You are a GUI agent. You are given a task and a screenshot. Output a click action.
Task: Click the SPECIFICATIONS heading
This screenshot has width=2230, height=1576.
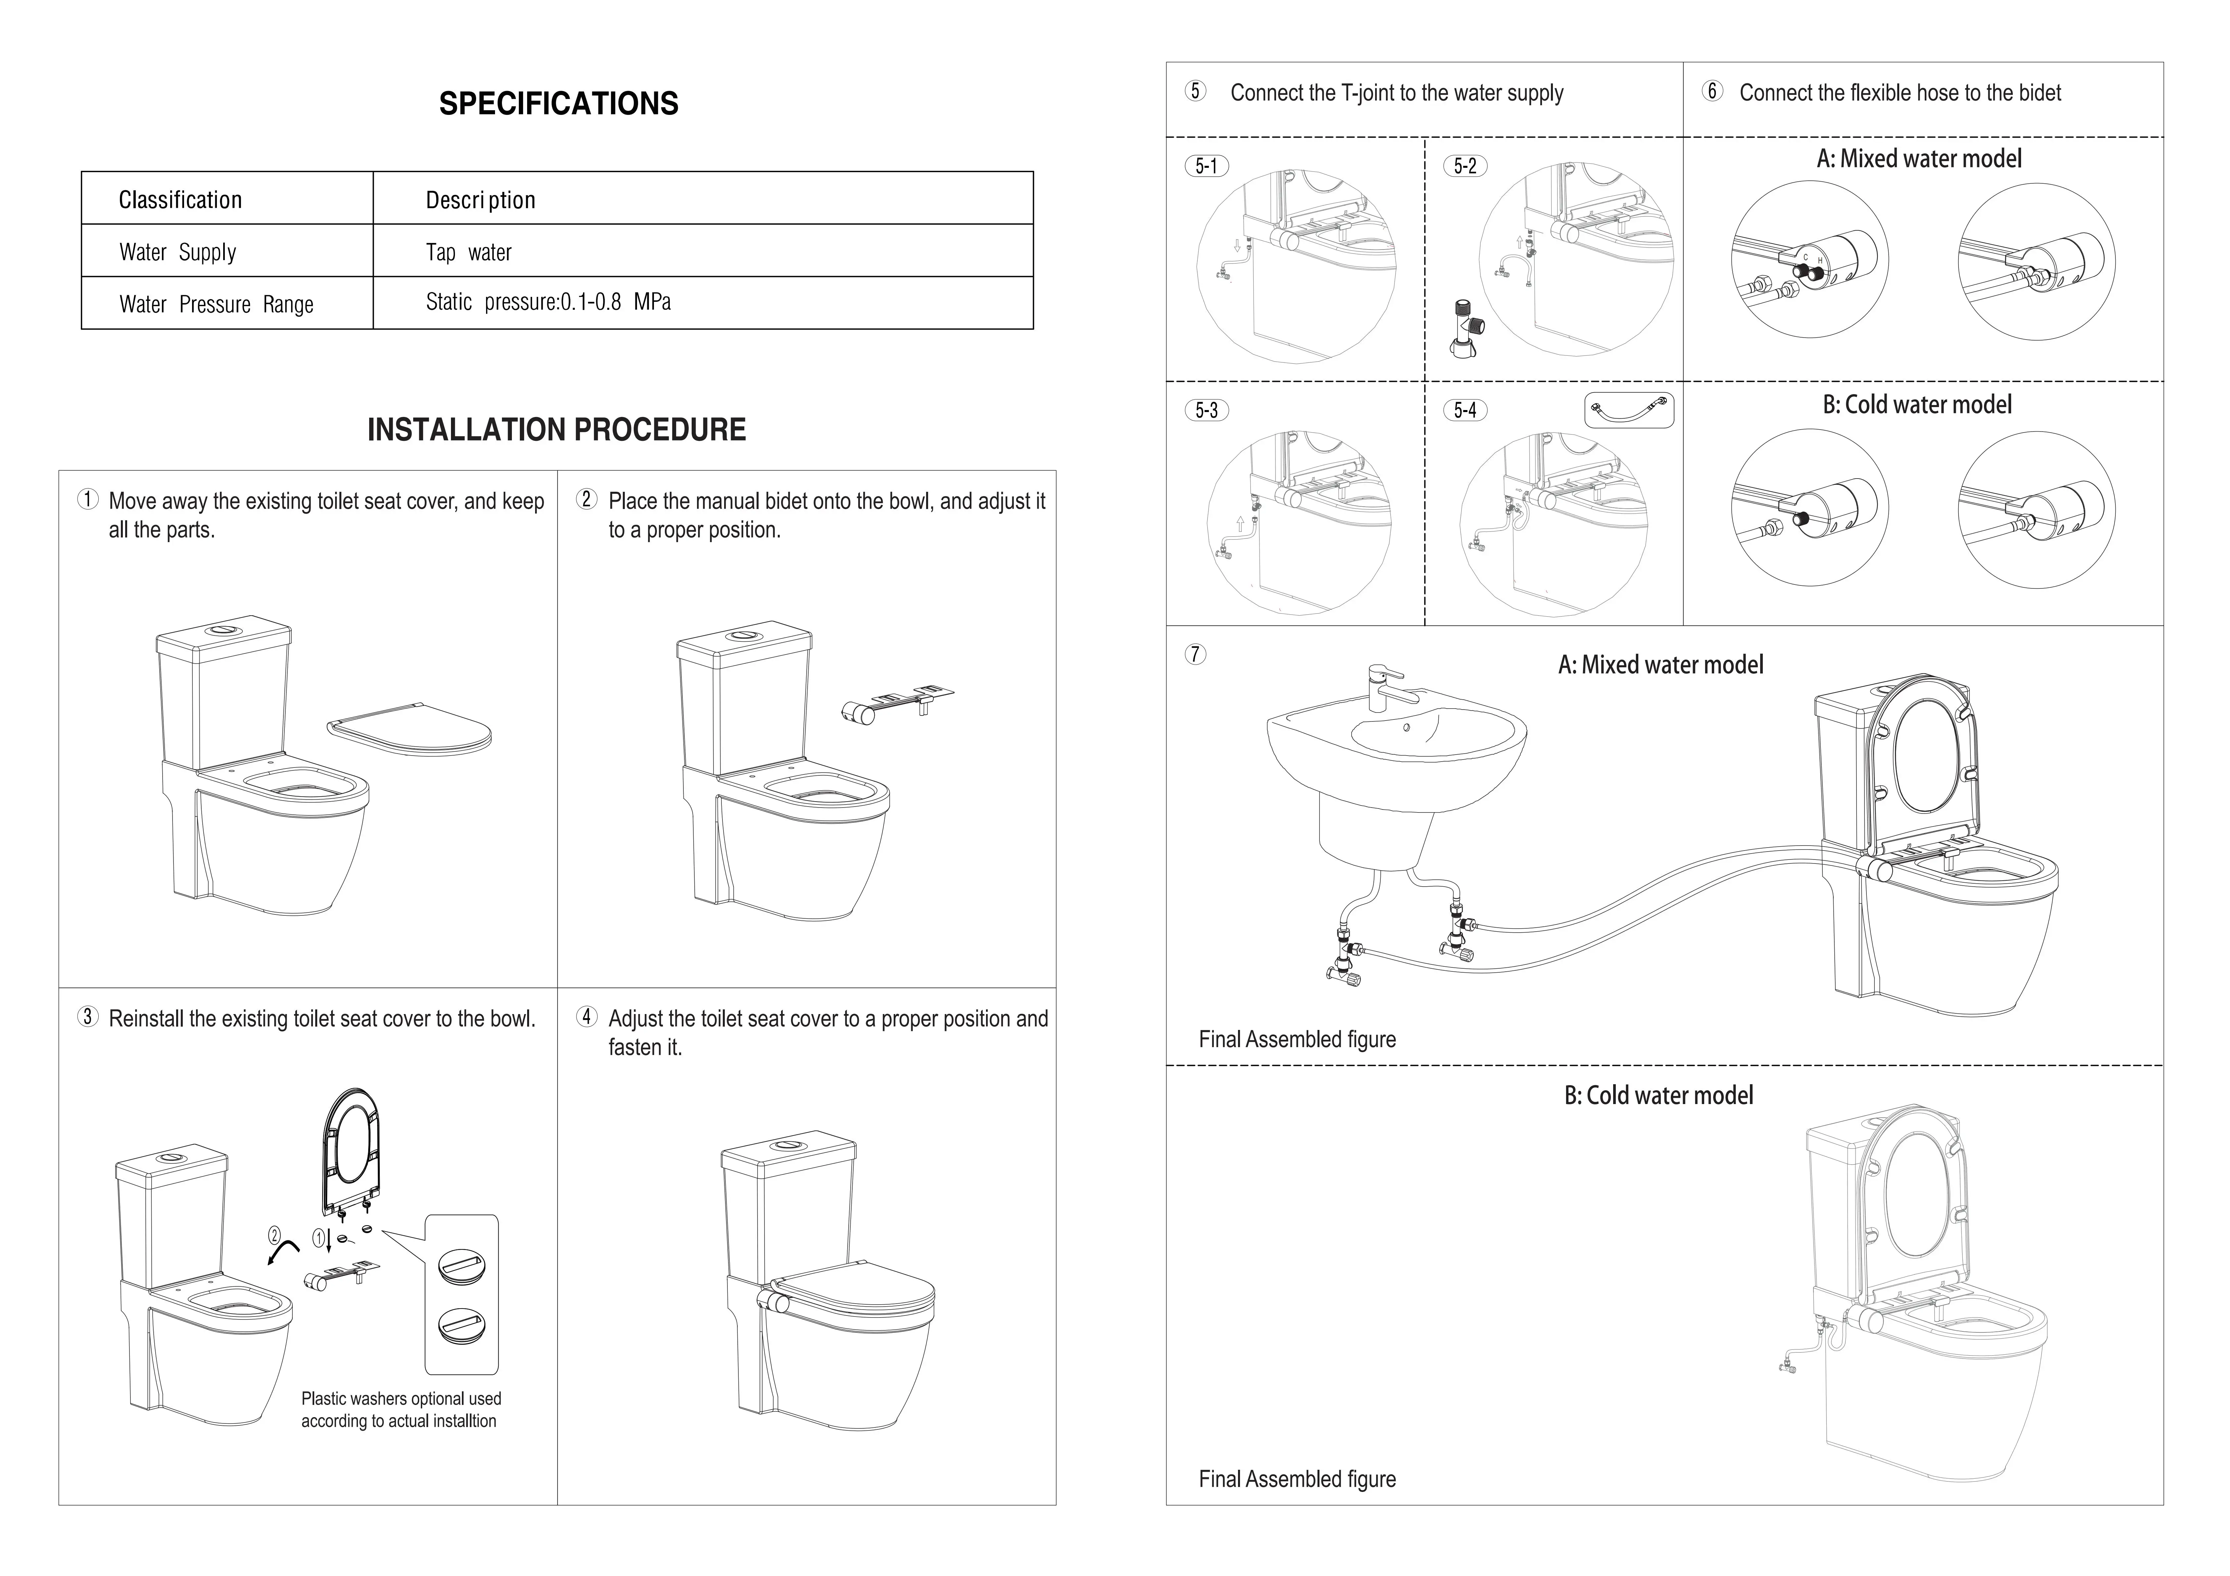(559, 104)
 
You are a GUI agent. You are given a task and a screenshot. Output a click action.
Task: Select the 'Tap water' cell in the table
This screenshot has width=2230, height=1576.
(468, 253)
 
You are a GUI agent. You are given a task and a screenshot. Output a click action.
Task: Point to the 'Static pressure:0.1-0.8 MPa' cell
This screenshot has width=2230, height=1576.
(548, 302)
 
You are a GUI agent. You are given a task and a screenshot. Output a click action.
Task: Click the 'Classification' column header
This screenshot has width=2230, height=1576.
(180, 200)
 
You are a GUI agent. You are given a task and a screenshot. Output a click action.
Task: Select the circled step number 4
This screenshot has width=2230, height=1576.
(587, 1017)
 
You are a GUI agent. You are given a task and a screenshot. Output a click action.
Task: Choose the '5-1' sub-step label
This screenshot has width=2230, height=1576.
(1206, 166)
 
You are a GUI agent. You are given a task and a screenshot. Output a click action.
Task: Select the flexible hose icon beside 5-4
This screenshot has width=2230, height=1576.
(1629, 410)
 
